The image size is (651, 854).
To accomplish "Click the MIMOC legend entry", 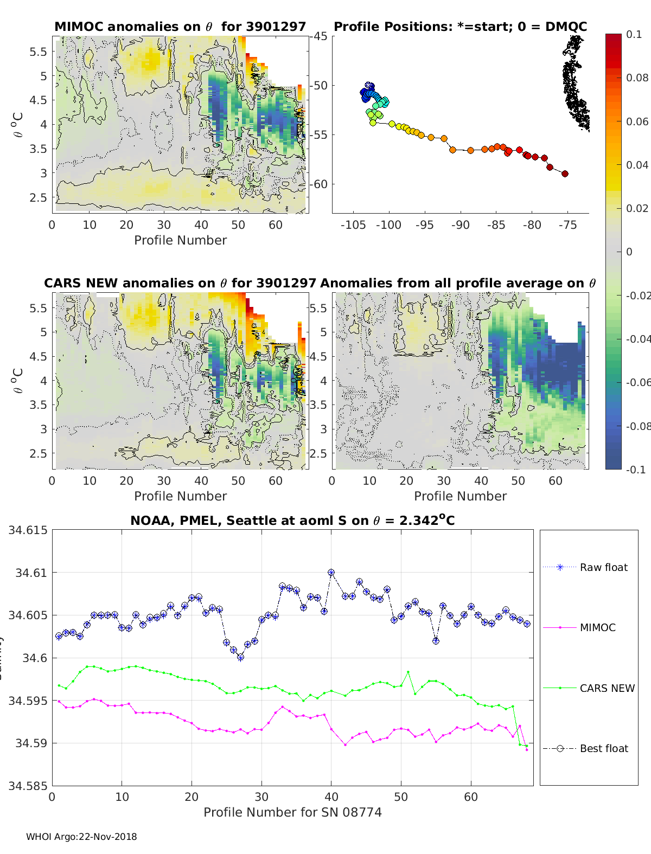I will click(597, 627).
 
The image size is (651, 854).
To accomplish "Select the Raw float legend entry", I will click(603, 567).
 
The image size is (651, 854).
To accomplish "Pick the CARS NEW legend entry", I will click(607, 688).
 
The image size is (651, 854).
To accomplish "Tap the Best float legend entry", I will click(603, 748).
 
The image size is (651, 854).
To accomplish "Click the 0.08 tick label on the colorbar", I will click(637, 78).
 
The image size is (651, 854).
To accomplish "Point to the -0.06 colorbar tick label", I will click(637, 382).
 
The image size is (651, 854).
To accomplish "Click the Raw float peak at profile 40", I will click(331, 573).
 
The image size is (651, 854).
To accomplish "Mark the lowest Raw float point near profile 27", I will click(240, 657).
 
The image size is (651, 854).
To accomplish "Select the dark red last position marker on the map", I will click(565, 174).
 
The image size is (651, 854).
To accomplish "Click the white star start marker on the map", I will click(369, 86).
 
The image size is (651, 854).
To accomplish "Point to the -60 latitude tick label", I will click(318, 184).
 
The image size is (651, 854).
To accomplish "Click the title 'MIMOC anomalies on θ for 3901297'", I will click(180, 27).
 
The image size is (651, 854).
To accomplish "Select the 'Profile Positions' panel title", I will click(460, 27).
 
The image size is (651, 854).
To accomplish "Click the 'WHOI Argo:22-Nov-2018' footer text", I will click(81, 837).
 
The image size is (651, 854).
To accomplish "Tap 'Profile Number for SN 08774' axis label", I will click(292, 812).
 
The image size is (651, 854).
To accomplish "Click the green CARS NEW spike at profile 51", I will click(408, 672).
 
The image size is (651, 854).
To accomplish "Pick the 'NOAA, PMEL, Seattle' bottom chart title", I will click(292, 521).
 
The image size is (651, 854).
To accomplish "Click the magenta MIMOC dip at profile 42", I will click(345, 745).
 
